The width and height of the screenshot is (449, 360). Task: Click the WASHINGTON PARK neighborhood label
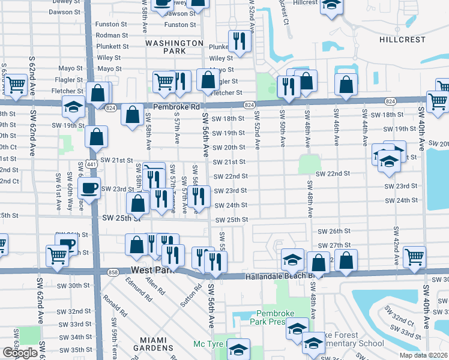coord(174,47)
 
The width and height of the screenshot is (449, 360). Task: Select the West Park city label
coord(147,271)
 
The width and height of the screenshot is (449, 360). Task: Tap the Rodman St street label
coord(112,35)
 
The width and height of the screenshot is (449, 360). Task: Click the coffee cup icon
coord(90,188)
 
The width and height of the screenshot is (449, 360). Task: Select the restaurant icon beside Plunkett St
coord(240,41)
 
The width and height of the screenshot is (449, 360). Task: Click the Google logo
coord(20,353)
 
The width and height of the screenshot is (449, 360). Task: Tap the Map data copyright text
coord(423,355)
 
